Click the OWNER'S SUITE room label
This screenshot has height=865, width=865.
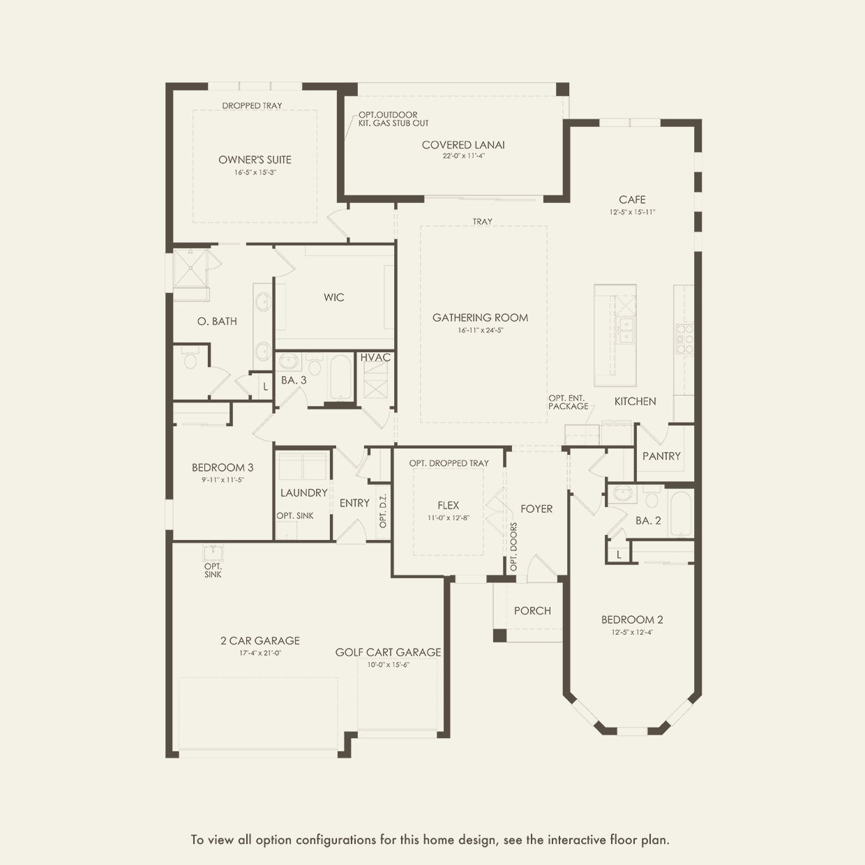[255, 159]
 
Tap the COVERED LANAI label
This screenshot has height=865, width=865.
[462, 145]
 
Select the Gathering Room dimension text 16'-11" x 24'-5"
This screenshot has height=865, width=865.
[481, 330]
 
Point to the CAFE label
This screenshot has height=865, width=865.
[632, 200]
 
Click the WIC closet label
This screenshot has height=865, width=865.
[333, 297]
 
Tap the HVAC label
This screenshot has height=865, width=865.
[375, 357]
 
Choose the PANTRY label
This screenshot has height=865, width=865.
[661, 456]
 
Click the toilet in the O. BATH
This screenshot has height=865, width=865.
[190, 357]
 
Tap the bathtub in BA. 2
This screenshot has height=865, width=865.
[681, 513]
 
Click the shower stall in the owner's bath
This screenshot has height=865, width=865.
[191, 269]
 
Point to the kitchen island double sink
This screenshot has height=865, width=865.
[624, 330]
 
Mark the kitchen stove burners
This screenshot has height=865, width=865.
[684, 338]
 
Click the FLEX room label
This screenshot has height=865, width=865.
[448, 505]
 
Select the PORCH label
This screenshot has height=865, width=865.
[532, 610]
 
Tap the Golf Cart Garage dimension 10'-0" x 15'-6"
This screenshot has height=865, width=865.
[389, 664]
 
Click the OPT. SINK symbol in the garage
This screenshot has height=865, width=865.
[213, 553]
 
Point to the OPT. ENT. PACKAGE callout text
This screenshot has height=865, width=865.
[568, 403]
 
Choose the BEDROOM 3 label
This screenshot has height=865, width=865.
[223, 467]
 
